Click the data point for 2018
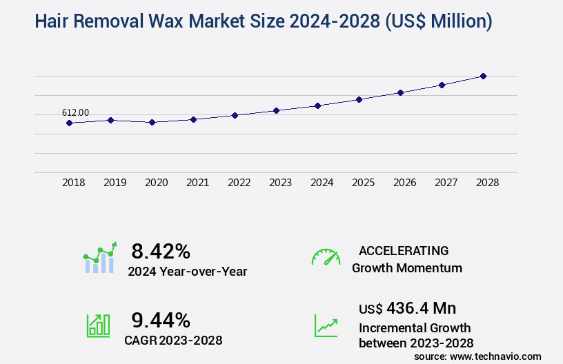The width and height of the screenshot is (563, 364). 69,123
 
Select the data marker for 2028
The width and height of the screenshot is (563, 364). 483,76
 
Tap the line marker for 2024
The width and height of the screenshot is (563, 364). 317,105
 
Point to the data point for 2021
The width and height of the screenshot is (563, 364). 193,119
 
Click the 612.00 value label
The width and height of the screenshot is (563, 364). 75,113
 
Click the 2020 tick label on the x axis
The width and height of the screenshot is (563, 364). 156,183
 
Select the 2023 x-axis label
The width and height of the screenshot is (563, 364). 280,183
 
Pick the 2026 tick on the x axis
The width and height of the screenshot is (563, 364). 404,183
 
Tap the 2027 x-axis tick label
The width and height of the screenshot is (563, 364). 446,183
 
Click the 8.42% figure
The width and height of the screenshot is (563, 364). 161,251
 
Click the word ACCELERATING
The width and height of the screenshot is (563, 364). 404,250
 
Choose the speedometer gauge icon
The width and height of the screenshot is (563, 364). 326,256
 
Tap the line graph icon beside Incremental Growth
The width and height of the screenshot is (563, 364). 326,325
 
